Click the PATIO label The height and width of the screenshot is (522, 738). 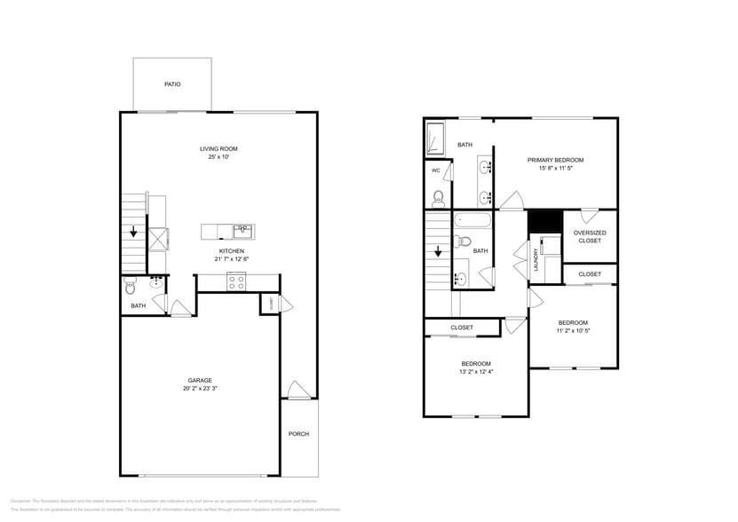coord(172,84)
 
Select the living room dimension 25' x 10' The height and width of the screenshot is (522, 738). coord(218,158)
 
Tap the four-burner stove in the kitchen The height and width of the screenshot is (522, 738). coord(237,282)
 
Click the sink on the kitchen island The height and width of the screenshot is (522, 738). coord(242,232)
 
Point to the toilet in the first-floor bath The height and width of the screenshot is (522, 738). coord(131,288)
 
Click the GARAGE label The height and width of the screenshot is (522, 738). coord(199,380)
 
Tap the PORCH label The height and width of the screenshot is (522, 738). coord(298,434)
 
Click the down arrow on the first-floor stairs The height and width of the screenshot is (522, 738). coord(133,233)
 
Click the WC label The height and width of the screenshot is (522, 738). coord(436,170)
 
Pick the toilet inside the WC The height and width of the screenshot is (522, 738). coord(438,197)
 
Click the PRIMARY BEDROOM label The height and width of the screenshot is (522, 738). coord(555,160)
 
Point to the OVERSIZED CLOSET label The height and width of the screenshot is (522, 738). coord(590,236)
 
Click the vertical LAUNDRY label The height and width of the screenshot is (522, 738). coord(536,259)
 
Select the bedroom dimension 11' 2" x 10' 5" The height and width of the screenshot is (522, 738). coord(573,331)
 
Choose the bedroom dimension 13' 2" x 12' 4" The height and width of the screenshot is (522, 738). coord(475,372)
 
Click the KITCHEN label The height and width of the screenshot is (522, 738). coord(232,251)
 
